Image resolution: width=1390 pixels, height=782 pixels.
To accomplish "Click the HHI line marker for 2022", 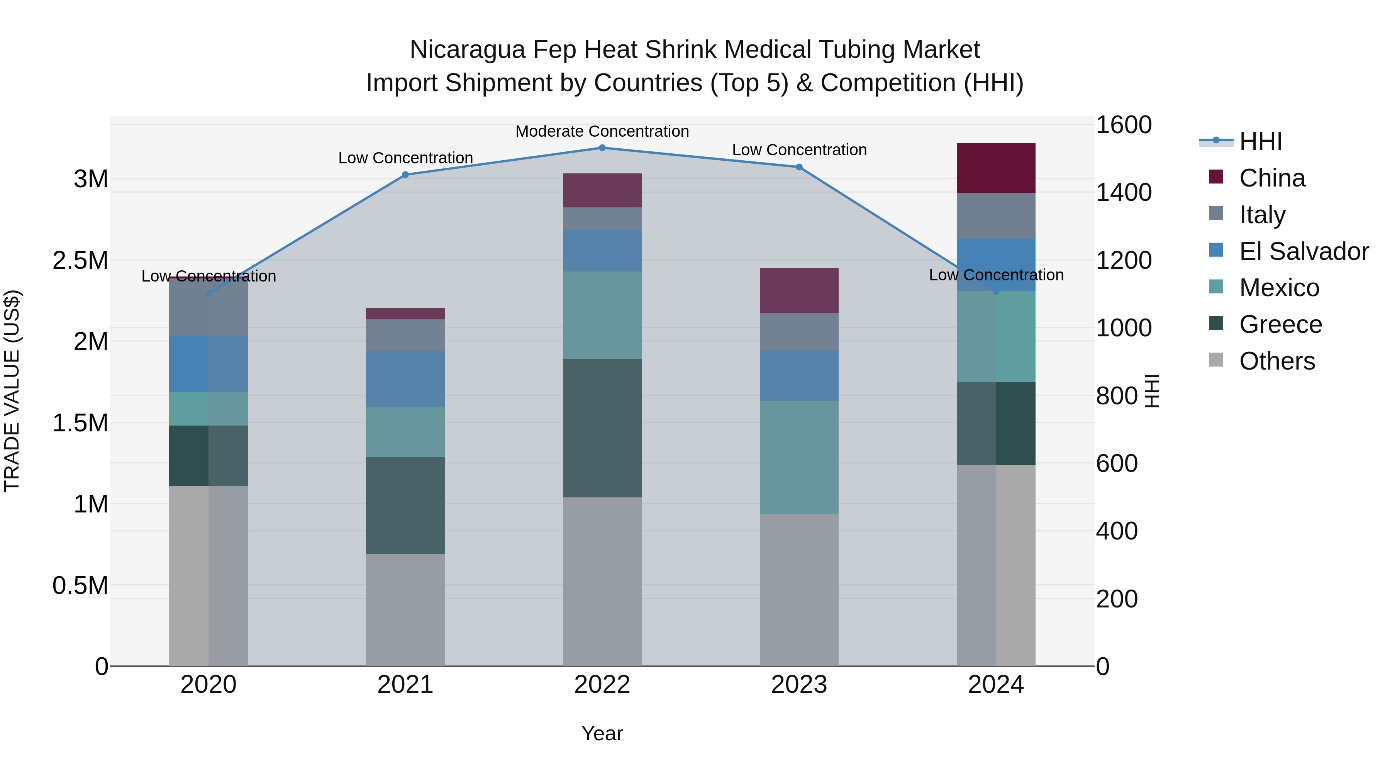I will click(x=602, y=148).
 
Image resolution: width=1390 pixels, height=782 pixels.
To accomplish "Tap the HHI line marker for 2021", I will click(x=406, y=175).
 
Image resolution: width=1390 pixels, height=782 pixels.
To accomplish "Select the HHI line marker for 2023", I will click(x=799, y=167).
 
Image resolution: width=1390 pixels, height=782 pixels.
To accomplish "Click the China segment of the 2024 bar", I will click(x=996, y=168).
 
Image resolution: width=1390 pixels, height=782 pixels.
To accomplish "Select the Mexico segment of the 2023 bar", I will click(x=799, y=457).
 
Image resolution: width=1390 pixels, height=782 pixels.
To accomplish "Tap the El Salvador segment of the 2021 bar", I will click(x=405, y=379).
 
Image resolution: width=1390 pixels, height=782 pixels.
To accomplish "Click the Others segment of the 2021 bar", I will click(x=405, y=610).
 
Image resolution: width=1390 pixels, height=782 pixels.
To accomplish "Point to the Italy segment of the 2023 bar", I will click(x=799, y=331).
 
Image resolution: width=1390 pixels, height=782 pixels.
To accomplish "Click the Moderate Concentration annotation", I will click(x=602, y=131).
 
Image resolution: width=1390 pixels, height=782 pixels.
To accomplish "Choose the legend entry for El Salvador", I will click(x=1303, y=251).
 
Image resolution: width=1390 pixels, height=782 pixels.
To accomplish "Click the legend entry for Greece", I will click(x=1280, y=324).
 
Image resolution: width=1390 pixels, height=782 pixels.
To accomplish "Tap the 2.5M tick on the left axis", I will click(x=80, y=260).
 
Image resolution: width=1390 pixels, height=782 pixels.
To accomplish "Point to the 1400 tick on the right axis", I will click(x=1124, y=193).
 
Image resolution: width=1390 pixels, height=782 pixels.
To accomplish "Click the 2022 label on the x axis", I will click(x=602, y=685).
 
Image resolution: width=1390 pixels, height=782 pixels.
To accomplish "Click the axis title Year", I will click(x=602, y=733).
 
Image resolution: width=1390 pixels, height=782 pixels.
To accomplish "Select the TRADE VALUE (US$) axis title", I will click(x=12, y=391).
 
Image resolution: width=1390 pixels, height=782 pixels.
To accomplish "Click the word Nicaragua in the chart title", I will click(x=467, y=50).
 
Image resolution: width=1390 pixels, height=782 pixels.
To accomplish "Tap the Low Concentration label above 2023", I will click(x=799, y=150).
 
